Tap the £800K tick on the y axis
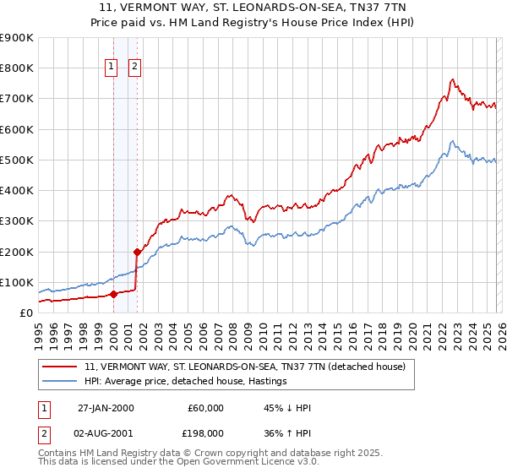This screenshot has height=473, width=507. click(x=17, y=68)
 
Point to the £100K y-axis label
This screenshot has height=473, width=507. click(x=17, y=282)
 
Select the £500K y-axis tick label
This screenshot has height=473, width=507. click(x=17, y=160)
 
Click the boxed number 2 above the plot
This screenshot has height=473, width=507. click(x=135, y=68)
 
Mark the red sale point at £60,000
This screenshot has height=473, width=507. click(x=113, y=295)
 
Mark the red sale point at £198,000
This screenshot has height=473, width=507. click(x=136, y=252)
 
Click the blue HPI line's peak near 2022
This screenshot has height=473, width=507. click(x=453, y=141)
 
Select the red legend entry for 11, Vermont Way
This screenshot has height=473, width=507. click(x=245, y=367)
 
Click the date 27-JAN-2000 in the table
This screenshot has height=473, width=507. click(x=106, y=408)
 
